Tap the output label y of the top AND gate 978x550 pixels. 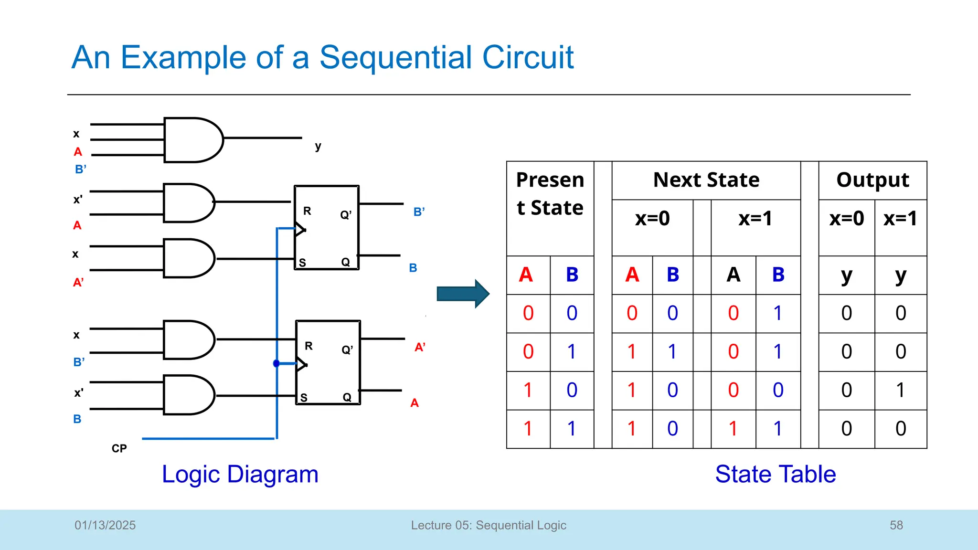(318, 147)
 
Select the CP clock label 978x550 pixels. (119, 449)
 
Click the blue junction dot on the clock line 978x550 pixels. (276, 364)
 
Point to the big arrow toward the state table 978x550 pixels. (462, 294)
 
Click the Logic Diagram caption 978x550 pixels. (240, 475)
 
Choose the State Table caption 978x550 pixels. (775, 475)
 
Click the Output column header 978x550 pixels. (872, 180)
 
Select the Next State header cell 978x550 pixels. (706, 180)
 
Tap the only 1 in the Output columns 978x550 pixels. (900, 391)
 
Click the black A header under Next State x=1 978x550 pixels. (733, 275)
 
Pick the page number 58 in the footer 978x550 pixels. (896, 525)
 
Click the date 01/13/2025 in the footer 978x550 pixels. (105, 525)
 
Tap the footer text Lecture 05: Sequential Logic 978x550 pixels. (489, 525)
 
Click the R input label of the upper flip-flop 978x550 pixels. (307, 211)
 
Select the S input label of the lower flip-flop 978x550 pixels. (304, 398)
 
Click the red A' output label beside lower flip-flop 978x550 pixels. (420, 347)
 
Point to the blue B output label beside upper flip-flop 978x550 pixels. (413, 268)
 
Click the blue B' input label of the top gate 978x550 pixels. (80, 169)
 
